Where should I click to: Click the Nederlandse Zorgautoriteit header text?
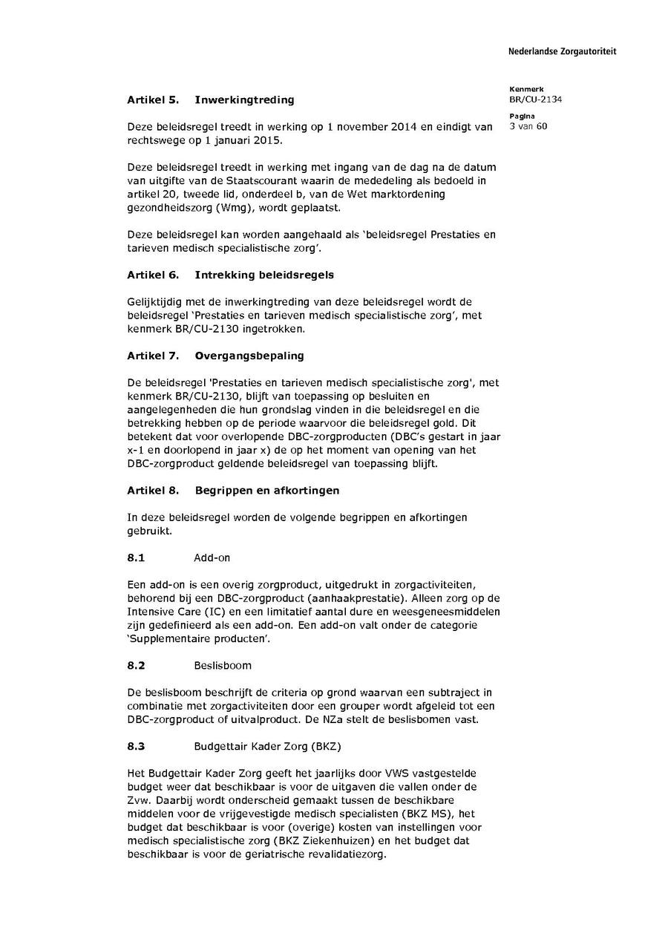click(562, 51)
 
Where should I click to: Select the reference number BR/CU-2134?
click(535, 99)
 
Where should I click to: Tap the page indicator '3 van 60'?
click(528, 126)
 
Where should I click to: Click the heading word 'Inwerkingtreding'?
click(244, 99)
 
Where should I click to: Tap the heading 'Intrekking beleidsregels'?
click(264, 275)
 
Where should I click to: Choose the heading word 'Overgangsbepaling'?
click(249, 356)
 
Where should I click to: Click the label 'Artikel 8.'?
click(153, 490)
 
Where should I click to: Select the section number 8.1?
click(136, 557)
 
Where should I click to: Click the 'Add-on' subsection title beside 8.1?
click(212, 557)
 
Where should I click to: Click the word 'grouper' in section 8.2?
click(328, 705)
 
